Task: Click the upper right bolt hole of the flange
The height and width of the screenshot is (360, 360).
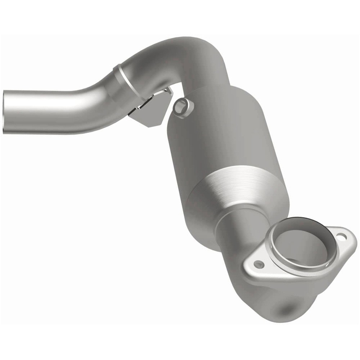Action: click(x=341, y=236)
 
